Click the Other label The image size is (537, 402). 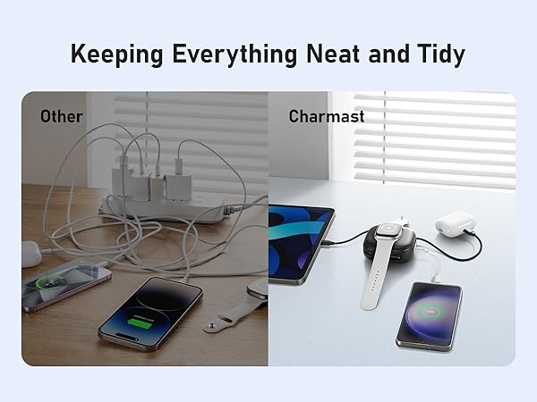click(61, 116)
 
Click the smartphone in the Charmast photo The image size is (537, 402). click(430, 317)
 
